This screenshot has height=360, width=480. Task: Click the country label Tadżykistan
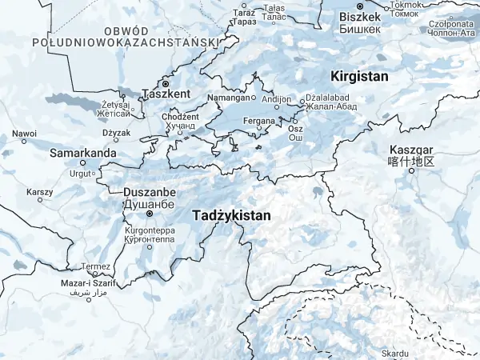point(232,216)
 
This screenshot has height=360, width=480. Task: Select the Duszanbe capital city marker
point(149,214)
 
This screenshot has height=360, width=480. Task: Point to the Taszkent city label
point(166,94)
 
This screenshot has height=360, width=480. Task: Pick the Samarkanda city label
point(83,152)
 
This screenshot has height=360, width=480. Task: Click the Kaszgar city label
point(410,150)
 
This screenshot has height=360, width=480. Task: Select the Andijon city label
point(276,99)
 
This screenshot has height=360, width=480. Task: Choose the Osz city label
point(295,128)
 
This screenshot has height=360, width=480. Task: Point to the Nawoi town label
point(24,134)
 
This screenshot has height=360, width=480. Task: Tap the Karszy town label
point(39,192)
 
